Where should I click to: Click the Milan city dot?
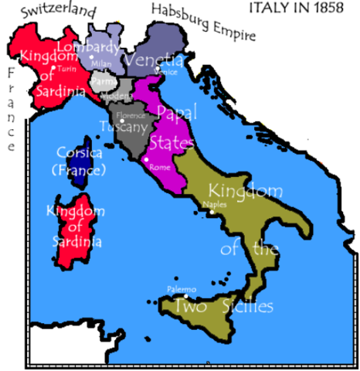(x=91, y=56)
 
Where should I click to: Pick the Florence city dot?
(x=121, y=121)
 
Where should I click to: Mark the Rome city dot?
(x=146, y=160)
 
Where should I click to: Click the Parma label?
(x=100, y=79)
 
